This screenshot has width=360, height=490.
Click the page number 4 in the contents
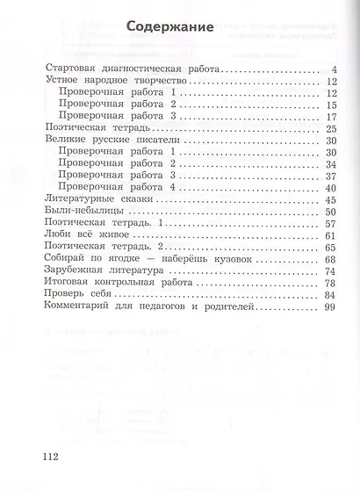335,69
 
